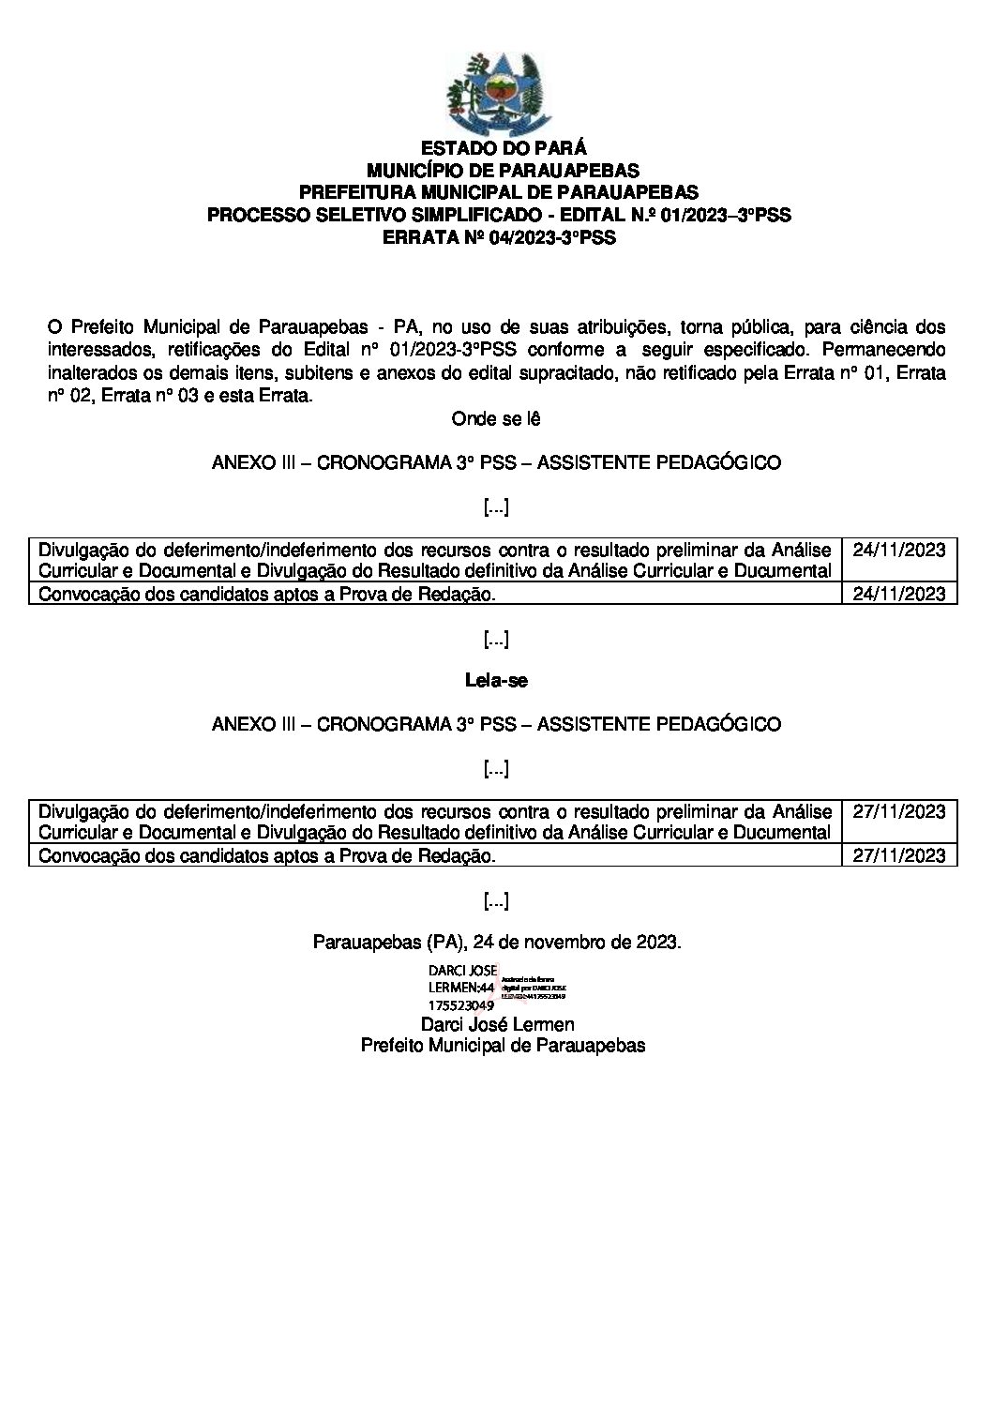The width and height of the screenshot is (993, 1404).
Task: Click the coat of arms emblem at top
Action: coord(496,93)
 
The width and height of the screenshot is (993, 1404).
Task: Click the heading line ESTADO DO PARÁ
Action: coord(504,148)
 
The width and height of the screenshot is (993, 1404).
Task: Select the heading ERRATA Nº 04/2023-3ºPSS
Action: coord(499,238)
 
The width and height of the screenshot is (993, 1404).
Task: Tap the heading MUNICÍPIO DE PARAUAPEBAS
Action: coord(503,171)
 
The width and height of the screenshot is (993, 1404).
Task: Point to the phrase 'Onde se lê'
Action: coord(496,418)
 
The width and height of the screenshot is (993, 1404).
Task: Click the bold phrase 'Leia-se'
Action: coord(496,681)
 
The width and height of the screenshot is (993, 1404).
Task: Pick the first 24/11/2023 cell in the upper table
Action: coord(899,550)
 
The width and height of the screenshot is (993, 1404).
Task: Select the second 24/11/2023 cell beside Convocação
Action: coord(899,594)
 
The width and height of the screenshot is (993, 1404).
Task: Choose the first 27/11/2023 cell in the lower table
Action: coord(899,811)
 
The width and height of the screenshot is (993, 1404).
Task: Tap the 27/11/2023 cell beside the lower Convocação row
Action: coord(899,855)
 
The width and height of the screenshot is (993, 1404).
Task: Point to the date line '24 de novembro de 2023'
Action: coord(497,942)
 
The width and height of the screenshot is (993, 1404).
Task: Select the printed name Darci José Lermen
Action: coord(497,1024)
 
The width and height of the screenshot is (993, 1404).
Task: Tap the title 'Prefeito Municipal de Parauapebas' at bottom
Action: coord(503,1046)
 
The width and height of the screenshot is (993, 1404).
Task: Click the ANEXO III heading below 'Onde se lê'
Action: coord(496,462)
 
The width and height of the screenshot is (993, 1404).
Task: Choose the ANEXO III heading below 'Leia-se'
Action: coord(496,724)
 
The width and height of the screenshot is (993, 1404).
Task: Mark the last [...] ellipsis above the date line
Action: coord(496,901)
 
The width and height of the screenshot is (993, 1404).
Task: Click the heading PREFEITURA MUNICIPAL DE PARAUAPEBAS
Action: coord(499,193)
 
